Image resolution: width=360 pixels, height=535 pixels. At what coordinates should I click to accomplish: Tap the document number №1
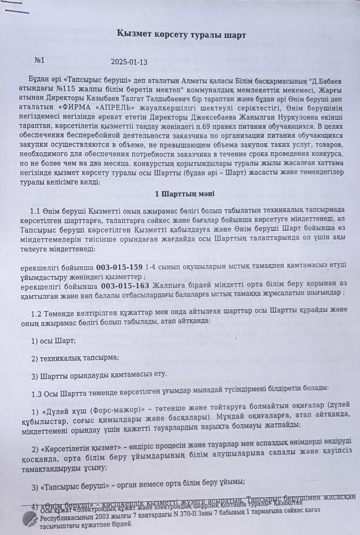40,60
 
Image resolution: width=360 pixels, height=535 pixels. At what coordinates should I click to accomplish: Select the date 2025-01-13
129,62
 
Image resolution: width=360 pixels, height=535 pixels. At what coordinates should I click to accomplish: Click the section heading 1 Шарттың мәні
184,194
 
